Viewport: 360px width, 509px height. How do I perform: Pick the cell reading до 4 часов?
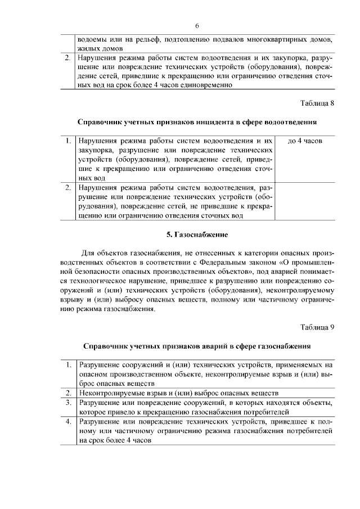pos(304,141)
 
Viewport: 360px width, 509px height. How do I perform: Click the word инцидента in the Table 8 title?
pos(211,121)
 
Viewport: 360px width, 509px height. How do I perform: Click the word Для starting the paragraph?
pos(89,252)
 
